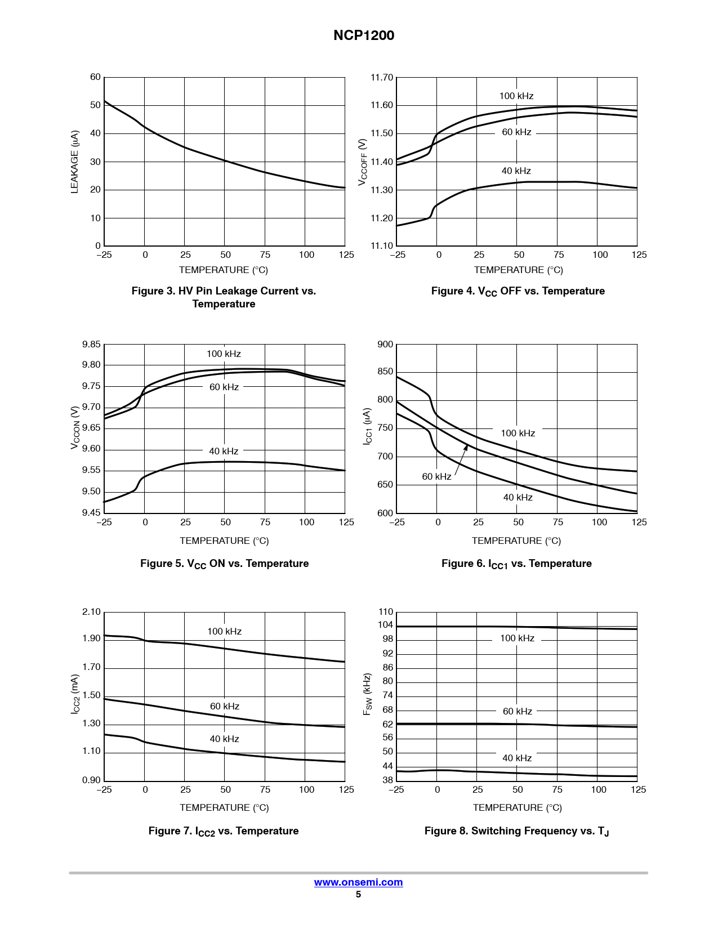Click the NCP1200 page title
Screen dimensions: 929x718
coord(363,35)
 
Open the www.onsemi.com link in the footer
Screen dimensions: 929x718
coord(358,882)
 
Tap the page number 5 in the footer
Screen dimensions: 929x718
coord(358,895)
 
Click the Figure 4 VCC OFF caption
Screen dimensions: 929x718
coord(518,291)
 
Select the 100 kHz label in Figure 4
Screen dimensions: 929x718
coord(516,96)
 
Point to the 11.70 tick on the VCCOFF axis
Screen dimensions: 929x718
coord(381,78)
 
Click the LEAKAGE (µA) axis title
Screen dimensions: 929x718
coord(75,162)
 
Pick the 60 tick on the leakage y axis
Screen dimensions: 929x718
coord(95,77)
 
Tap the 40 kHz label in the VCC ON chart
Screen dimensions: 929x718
coord(224,452)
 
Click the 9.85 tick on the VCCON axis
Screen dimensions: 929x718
coord(91,345)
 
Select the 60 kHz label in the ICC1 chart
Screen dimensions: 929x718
coord(436,477)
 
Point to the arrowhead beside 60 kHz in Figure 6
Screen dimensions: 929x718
coord(466,448)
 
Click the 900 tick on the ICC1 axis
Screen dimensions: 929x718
coord(385,345)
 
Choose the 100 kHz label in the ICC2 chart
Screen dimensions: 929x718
coord(224,632)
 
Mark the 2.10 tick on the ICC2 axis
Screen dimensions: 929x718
coord(91,612)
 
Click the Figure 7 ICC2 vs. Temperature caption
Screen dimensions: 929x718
coord(224,832)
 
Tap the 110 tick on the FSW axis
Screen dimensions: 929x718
coord(386,612)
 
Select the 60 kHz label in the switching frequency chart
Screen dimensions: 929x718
coord(517,712)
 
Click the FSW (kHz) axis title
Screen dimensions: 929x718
coord(367,694)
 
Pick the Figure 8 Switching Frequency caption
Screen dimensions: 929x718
coord(516,832)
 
